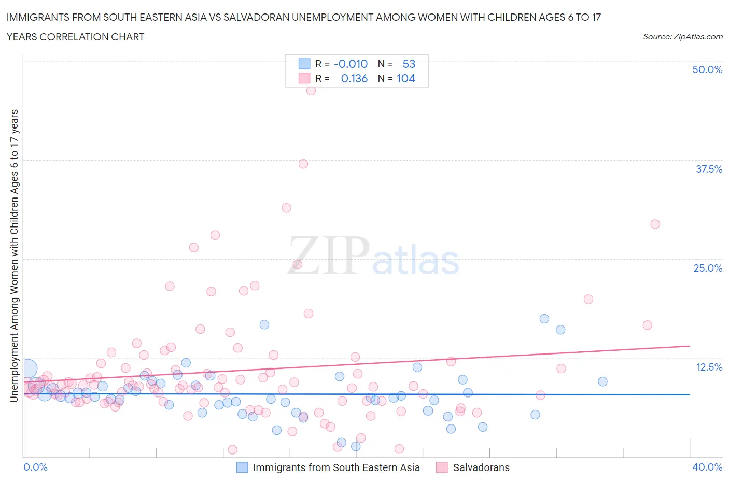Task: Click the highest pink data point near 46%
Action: (311, 91)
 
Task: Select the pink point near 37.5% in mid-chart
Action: (303, 164)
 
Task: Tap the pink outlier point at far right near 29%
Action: (655, 224)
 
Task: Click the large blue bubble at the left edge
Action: (28, 369)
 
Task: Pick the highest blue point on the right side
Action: (544, 319)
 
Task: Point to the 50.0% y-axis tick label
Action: (707, 69)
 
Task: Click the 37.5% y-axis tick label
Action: (709, 169)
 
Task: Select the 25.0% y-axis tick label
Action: (708, 268)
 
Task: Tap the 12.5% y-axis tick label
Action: (709, 367)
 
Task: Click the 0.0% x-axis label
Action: (36, 467)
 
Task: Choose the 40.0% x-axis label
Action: (707, 467)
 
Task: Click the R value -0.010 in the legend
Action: (351, 64)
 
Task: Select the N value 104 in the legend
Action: (406, 78)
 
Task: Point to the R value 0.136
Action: (354, 78)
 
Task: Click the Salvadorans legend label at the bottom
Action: (481, 467)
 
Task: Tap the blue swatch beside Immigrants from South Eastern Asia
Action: (242, 467)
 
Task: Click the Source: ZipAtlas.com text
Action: (682, 36)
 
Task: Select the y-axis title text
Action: (14, 256)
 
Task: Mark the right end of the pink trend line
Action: (690, 346)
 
